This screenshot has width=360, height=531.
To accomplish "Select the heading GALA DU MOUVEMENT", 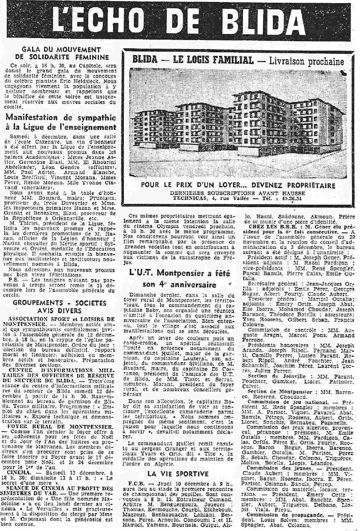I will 61,50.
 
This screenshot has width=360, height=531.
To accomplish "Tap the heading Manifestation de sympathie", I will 61,118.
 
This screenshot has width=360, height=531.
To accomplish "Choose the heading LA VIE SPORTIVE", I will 178,474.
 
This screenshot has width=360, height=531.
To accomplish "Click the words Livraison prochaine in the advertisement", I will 307,61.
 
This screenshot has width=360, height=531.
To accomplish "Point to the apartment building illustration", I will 237,123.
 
